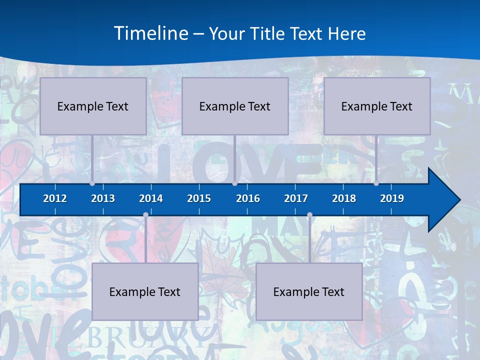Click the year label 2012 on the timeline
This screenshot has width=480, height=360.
(x=55, y=198)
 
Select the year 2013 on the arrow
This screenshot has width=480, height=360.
(x=103, y=198)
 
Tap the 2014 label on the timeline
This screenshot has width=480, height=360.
(x=151, y=198)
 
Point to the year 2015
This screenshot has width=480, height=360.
(x=199, y=198)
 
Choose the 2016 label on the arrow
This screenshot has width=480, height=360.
(x=248, y=198)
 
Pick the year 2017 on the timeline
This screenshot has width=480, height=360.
(x=296, y=198)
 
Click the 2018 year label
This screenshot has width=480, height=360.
(x=344, y=198)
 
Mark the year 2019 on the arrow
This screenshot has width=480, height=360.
(x=392, y=198)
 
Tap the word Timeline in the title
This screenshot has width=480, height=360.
(x=151, y=33)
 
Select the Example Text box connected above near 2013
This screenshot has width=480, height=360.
(x=93, y=106)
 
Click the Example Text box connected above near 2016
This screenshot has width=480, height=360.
(x=235, y=106)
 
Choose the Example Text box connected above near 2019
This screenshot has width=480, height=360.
(x=377, y=106)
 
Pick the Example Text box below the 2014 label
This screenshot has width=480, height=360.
(x=145, y=291)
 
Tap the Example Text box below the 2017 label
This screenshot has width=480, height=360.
(x=309, y=291)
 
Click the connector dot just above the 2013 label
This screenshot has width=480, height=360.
(x=92, y=183)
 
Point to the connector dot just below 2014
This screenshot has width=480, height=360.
(x=145, y=215)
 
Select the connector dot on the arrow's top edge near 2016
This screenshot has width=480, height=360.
(x=234, y=183)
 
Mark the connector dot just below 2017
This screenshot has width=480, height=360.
(x=309, y=215)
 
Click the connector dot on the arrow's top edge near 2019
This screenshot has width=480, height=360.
(x=376, y=183)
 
